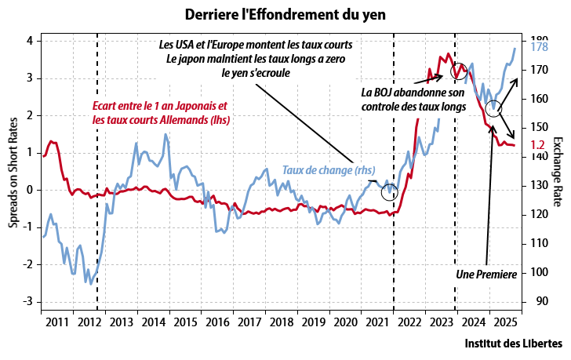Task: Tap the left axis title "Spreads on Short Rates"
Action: (13, 168)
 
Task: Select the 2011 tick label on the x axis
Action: (56, 322)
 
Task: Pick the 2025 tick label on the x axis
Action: (505, 322)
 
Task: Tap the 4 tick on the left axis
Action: (29, 41)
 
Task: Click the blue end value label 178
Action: (538, 48)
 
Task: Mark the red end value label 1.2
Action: (537, 144)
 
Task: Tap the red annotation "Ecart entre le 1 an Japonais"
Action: (159, 107)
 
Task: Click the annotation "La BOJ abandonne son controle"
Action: (414, 99)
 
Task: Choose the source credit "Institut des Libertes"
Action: (513, 344)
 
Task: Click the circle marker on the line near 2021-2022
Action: (390, 193)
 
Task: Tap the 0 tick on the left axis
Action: (29, 190)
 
